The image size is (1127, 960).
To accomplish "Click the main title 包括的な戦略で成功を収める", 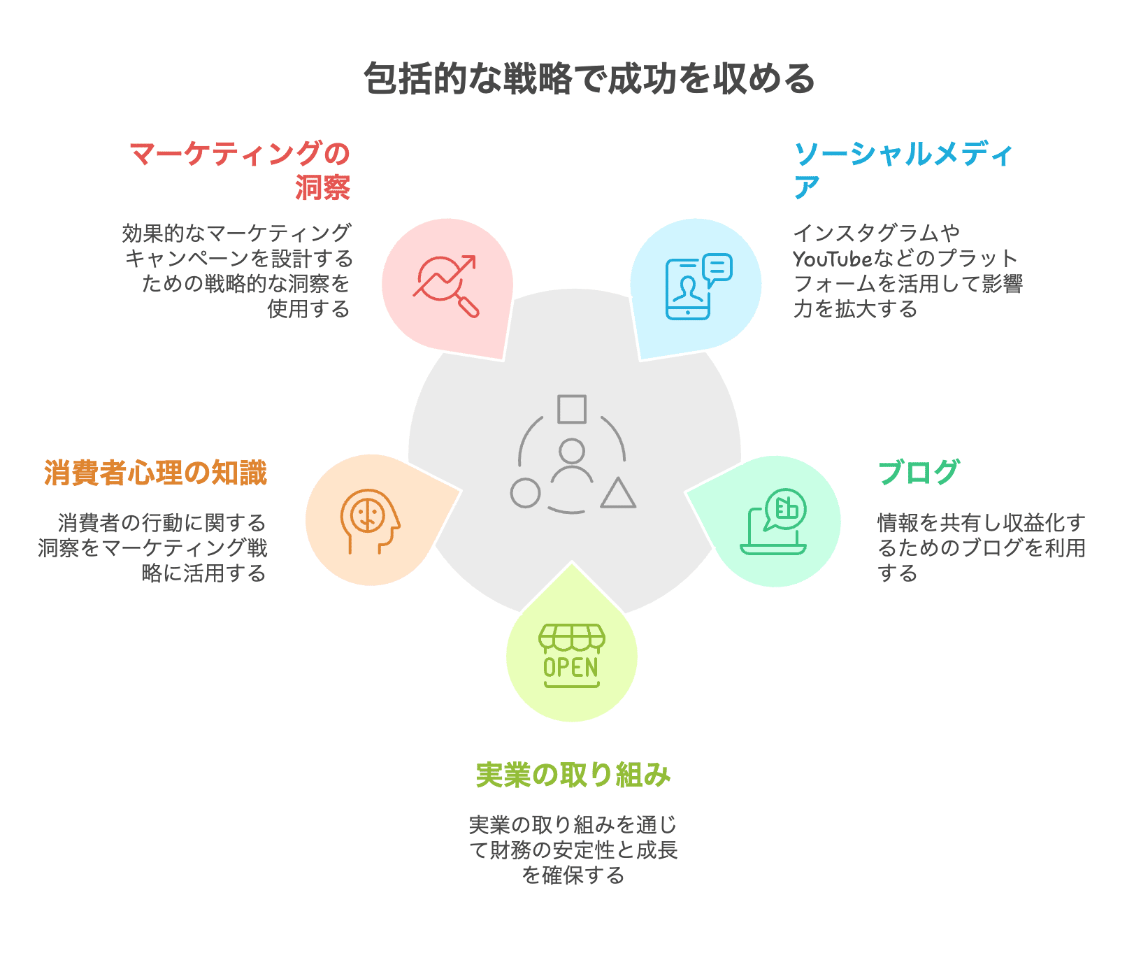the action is (x=589, y=78).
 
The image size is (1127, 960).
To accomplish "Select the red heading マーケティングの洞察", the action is (x=240, y=170).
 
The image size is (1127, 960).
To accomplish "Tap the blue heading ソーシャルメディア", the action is (x=903, y=170).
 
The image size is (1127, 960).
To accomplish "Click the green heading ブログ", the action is (x=919, y=473).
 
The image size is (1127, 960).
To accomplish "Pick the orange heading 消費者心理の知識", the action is (x=155, y=473).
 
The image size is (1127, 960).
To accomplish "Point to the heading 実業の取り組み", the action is (x=573, y=775).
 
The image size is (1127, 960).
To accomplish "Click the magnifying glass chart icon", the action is (x=446, y=286).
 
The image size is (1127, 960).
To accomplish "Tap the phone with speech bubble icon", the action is (x=697, y=286).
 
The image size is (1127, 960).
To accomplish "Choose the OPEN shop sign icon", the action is (x=572, y=656).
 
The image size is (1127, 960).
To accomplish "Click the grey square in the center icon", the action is (x=572, y=409).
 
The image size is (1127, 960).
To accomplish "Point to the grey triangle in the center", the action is (x=618, y=494).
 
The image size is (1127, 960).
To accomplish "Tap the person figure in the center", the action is (x=572, y=461).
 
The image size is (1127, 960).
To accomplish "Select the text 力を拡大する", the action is (x=855, y=309).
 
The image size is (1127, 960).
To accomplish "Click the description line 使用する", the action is (x=308, y=309).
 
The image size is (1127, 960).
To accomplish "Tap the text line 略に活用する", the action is (x=203, y=573).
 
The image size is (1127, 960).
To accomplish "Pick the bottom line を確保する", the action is (x=573, y=875).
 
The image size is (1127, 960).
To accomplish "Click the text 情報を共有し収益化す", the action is (x=981, y=523).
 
